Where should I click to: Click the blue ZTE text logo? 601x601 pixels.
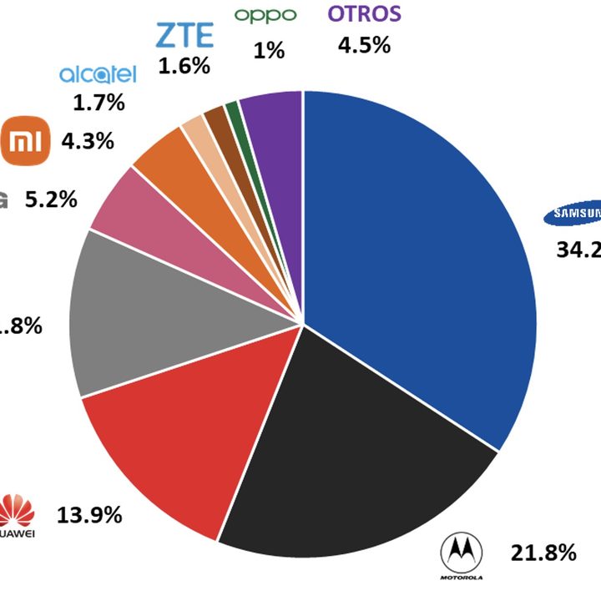click(184, 36)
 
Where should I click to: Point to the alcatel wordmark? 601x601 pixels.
click(97, 75)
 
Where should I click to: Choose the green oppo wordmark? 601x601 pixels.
click(265, 15)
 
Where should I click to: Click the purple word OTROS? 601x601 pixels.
click(364, 13)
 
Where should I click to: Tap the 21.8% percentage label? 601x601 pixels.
click(543, 552)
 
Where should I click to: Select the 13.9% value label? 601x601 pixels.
click(89, 514)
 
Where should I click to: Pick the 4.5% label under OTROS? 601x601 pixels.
click(364, 45)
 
